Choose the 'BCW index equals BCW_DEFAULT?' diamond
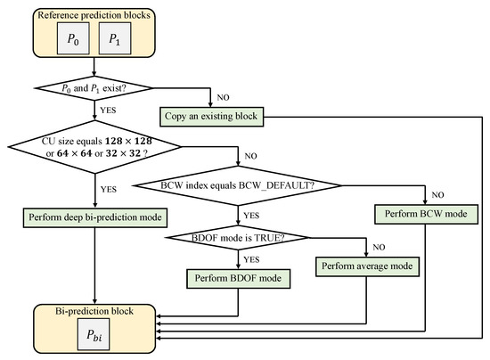pos(236,185)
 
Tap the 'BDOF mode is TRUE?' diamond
pos(237,238)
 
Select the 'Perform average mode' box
pos(368,265)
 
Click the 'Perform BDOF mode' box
pos(237,279)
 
